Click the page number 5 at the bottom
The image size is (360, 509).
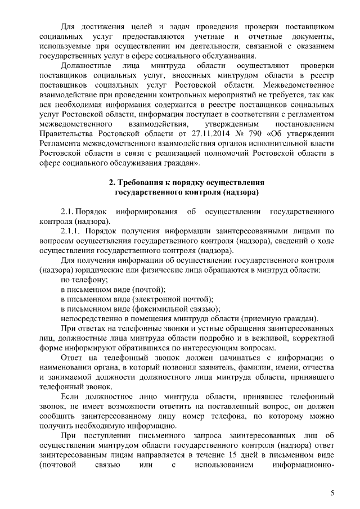pos(332,493)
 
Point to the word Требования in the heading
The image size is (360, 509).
pos(143,183)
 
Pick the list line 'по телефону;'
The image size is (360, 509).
pos(84,280)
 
